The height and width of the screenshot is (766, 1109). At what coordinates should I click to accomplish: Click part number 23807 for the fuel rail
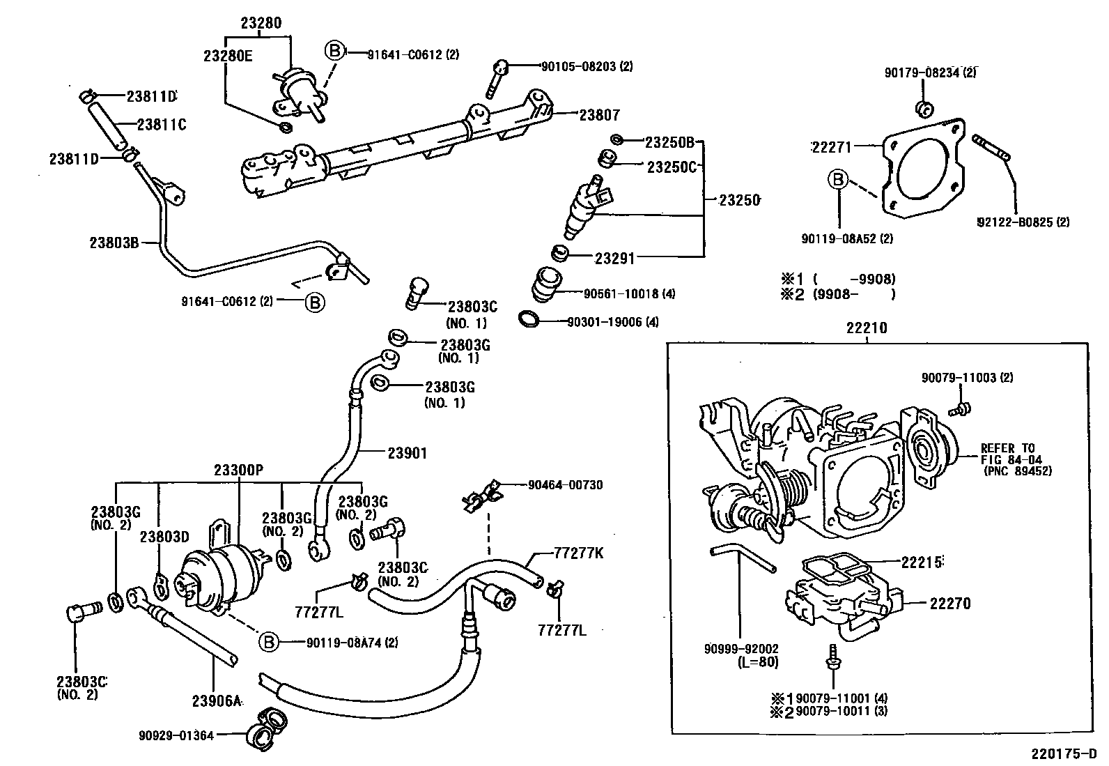pyautogui.click(x=599, y=116)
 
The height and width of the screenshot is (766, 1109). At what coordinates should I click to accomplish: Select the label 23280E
pyautogui.click(x=228, y=56)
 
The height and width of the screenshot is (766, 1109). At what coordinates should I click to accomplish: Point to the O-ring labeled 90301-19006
pyautogui.click(x=529, y=319)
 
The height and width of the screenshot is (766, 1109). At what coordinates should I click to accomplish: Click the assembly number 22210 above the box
pyautogui.click(x=867, y=328)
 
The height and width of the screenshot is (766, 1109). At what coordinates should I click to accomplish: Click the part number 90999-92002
pyautogui.click(x=740, y=649)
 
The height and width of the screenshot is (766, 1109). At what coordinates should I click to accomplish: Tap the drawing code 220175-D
pyautogui.click(x=1064, y=754)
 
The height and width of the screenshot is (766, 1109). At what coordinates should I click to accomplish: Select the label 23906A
pyautogui.click(x=216, y=700)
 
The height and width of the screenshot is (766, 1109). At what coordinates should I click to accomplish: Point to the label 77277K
pyautogui.click(x=578, y=554)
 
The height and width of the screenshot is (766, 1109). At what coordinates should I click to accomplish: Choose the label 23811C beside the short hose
pyautogui.click(x=162, y=125)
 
